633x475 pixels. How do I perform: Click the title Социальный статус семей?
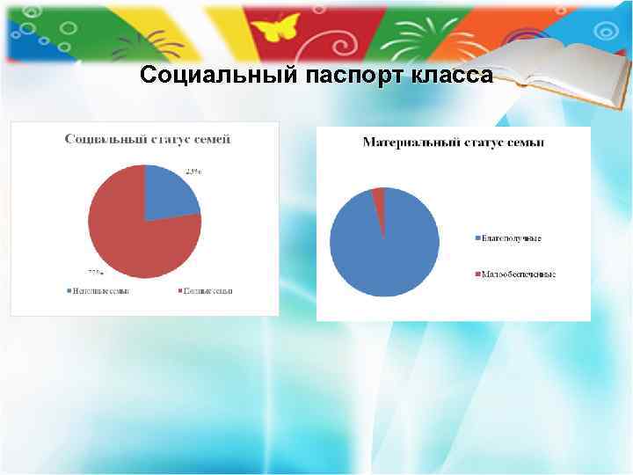coord(145,139)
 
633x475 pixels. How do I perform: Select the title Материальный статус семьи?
coord(453,142)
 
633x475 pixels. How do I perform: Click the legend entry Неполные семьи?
coord(98,290)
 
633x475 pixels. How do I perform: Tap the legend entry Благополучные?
coord(512,237)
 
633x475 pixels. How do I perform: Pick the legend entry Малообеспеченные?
coord(519,274)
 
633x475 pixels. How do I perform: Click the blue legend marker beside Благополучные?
coord(477,237)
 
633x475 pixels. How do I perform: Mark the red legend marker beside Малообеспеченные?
coord(477,274)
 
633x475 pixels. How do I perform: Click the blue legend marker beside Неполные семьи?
coord(68,290)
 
